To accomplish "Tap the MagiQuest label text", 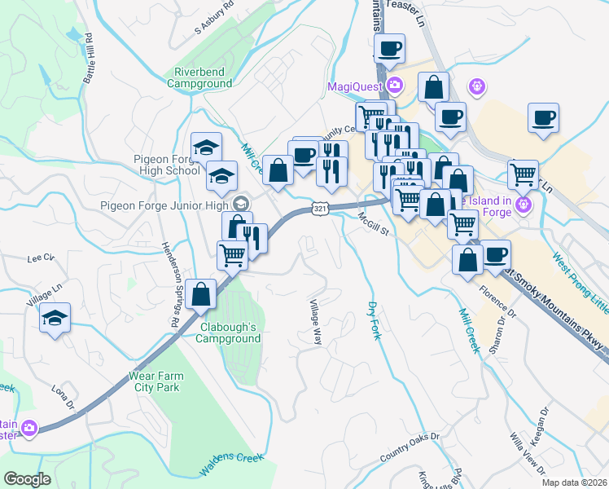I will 357,87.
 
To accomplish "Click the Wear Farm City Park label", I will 154,382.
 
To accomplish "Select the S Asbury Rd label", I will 214,19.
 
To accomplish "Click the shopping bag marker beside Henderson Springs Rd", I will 200,294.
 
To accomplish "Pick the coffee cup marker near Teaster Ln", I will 390,48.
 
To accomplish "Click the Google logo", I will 28,479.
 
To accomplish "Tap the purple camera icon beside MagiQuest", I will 396,86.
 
